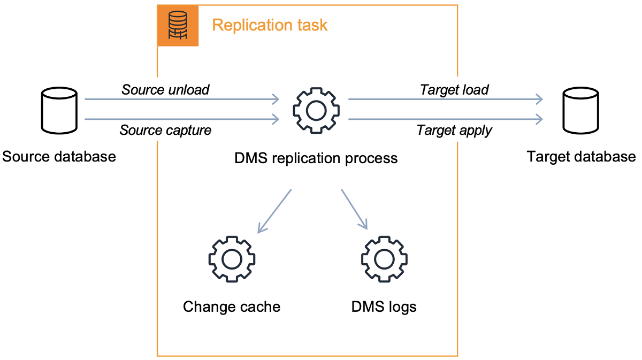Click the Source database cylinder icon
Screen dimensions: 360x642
(x=59, y=112)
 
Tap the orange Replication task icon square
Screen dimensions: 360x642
(x=178, y=26)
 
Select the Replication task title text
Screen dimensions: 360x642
(x=270, y=25)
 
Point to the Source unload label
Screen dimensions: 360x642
(x=165, y=89)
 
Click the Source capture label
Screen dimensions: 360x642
(x=165, y=130)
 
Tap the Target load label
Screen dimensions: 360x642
(x=454, y=89)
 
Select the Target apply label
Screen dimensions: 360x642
(x=454, y=130)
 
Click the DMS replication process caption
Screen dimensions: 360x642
(x=316, y=158)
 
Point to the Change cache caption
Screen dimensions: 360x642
(x=231, y=307)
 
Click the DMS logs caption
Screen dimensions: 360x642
(x=384, y=307)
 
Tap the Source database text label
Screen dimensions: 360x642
(x=59, y=157)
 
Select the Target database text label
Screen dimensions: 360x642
(x=581, y=157)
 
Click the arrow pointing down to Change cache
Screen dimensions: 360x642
(x=274, y=211)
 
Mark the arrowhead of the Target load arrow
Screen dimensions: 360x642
(x=539, y=99)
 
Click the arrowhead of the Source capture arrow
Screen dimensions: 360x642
(x=276, y=119)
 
